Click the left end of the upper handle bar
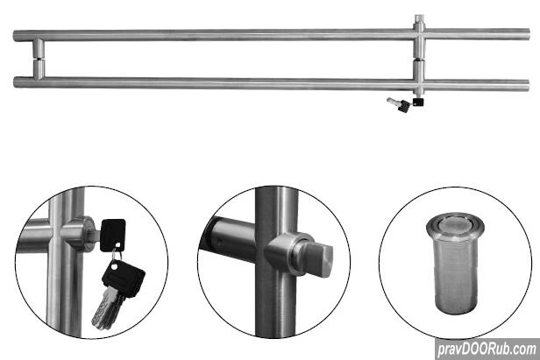[x=14, y=36]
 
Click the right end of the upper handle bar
[x=529, y=34]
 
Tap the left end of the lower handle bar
[x=14, y=82]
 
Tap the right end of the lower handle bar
[x=529, y=85]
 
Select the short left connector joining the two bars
[x=39, y=59]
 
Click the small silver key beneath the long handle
[x=393, y=102]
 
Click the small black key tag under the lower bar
[x=418, y=102]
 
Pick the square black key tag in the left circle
[x=112, y=236]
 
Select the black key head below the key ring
[x=124, y=278]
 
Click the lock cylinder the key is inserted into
[x=82, y=234]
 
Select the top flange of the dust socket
[x=455, y=224]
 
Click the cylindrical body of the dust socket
[x=455, y=273]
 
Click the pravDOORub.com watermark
[x=487, y=349]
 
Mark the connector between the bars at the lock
[x=419, y=60]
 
